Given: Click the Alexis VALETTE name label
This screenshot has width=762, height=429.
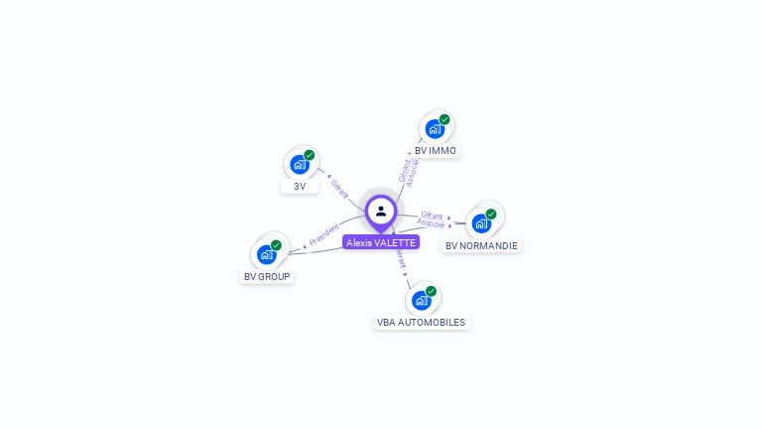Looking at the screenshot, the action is [381, 242].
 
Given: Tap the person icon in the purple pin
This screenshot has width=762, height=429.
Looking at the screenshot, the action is [381, 211].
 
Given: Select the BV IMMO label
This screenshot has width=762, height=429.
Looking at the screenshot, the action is [436, 151].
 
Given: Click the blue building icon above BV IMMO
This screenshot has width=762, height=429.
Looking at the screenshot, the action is [435, 128].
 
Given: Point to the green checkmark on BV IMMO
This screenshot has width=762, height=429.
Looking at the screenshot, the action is [444, 119].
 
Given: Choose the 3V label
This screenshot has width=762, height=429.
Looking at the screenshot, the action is [300, 186].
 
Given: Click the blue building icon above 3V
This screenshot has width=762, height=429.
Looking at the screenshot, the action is [299, 164].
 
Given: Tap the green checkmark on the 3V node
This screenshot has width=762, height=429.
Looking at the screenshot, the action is [310, 155].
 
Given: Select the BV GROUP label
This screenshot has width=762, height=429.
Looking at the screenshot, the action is [267, 276].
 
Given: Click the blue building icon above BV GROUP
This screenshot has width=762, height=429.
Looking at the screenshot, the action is [266, 254].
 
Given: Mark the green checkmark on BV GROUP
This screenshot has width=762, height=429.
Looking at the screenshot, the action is [276, 245].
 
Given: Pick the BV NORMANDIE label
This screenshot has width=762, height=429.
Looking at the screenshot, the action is [481, 245].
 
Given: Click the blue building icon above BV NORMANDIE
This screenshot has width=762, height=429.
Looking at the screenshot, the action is [481, 223].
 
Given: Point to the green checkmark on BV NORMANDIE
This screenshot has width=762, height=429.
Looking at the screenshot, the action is [491, 214].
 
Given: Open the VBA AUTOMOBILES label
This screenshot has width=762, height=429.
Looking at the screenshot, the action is [421, 322].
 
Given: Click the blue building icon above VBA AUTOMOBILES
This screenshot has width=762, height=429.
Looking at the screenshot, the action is [421, 300].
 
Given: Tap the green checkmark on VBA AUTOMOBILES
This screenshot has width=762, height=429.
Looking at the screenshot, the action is [431, 291].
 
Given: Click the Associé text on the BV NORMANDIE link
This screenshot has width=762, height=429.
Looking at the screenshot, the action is [431, 223].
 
